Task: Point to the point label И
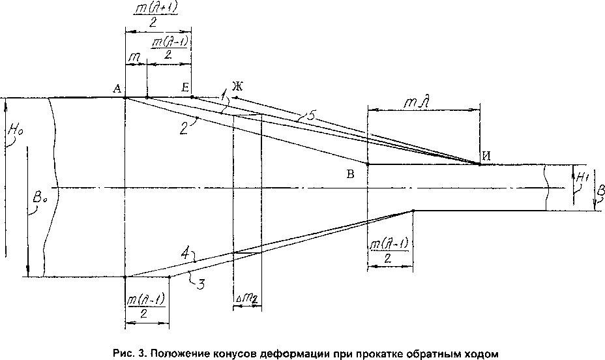pyautogui.click(x=486, y=155)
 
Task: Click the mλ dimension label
pyautogui.click(x=424, y=102)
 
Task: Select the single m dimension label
pyautogui.click(x=134, y=57)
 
